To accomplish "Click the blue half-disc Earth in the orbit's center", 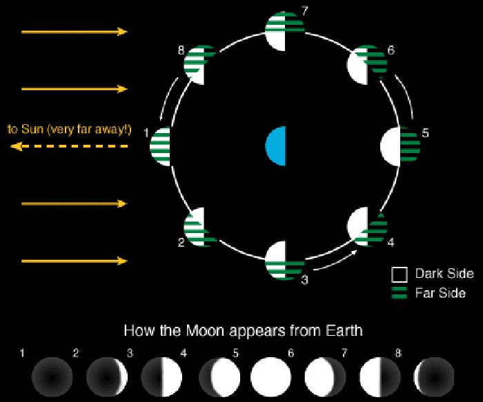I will click(x=277, y=146).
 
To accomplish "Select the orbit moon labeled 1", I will click(x=161, y=146).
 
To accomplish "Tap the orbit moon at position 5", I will click(x=400, y=146).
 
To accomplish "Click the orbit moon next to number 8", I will click(x=201, y=63).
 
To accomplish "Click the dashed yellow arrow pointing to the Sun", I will click(x=69, y=146).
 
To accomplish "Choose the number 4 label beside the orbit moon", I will click(x=391, y=243).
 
